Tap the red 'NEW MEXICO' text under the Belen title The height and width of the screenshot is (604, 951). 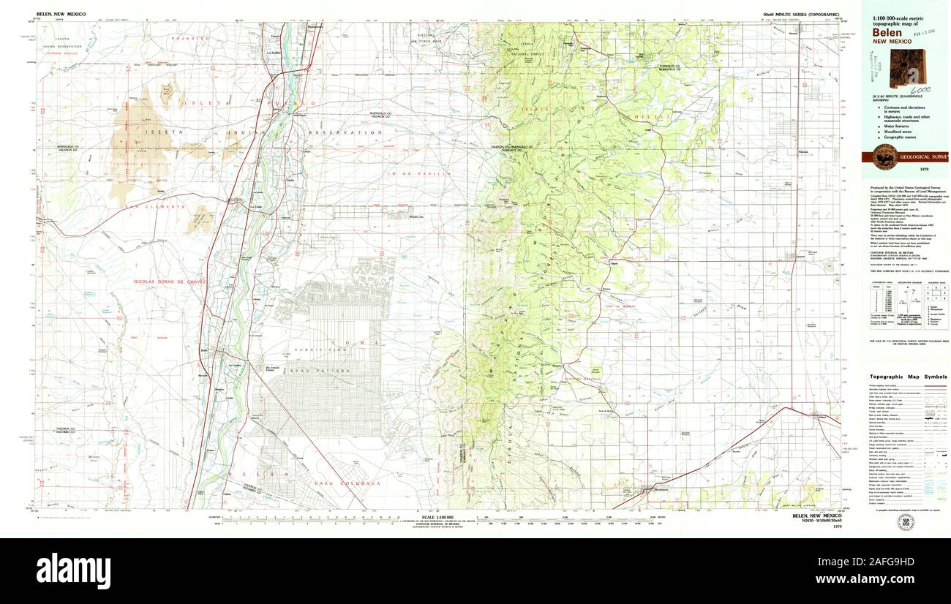tap(891, 42)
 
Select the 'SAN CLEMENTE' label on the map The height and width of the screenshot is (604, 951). tap(146, 207)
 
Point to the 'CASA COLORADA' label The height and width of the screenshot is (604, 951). tap(337, 483)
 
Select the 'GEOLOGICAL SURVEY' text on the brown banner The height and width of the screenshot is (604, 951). tap(923, 156)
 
